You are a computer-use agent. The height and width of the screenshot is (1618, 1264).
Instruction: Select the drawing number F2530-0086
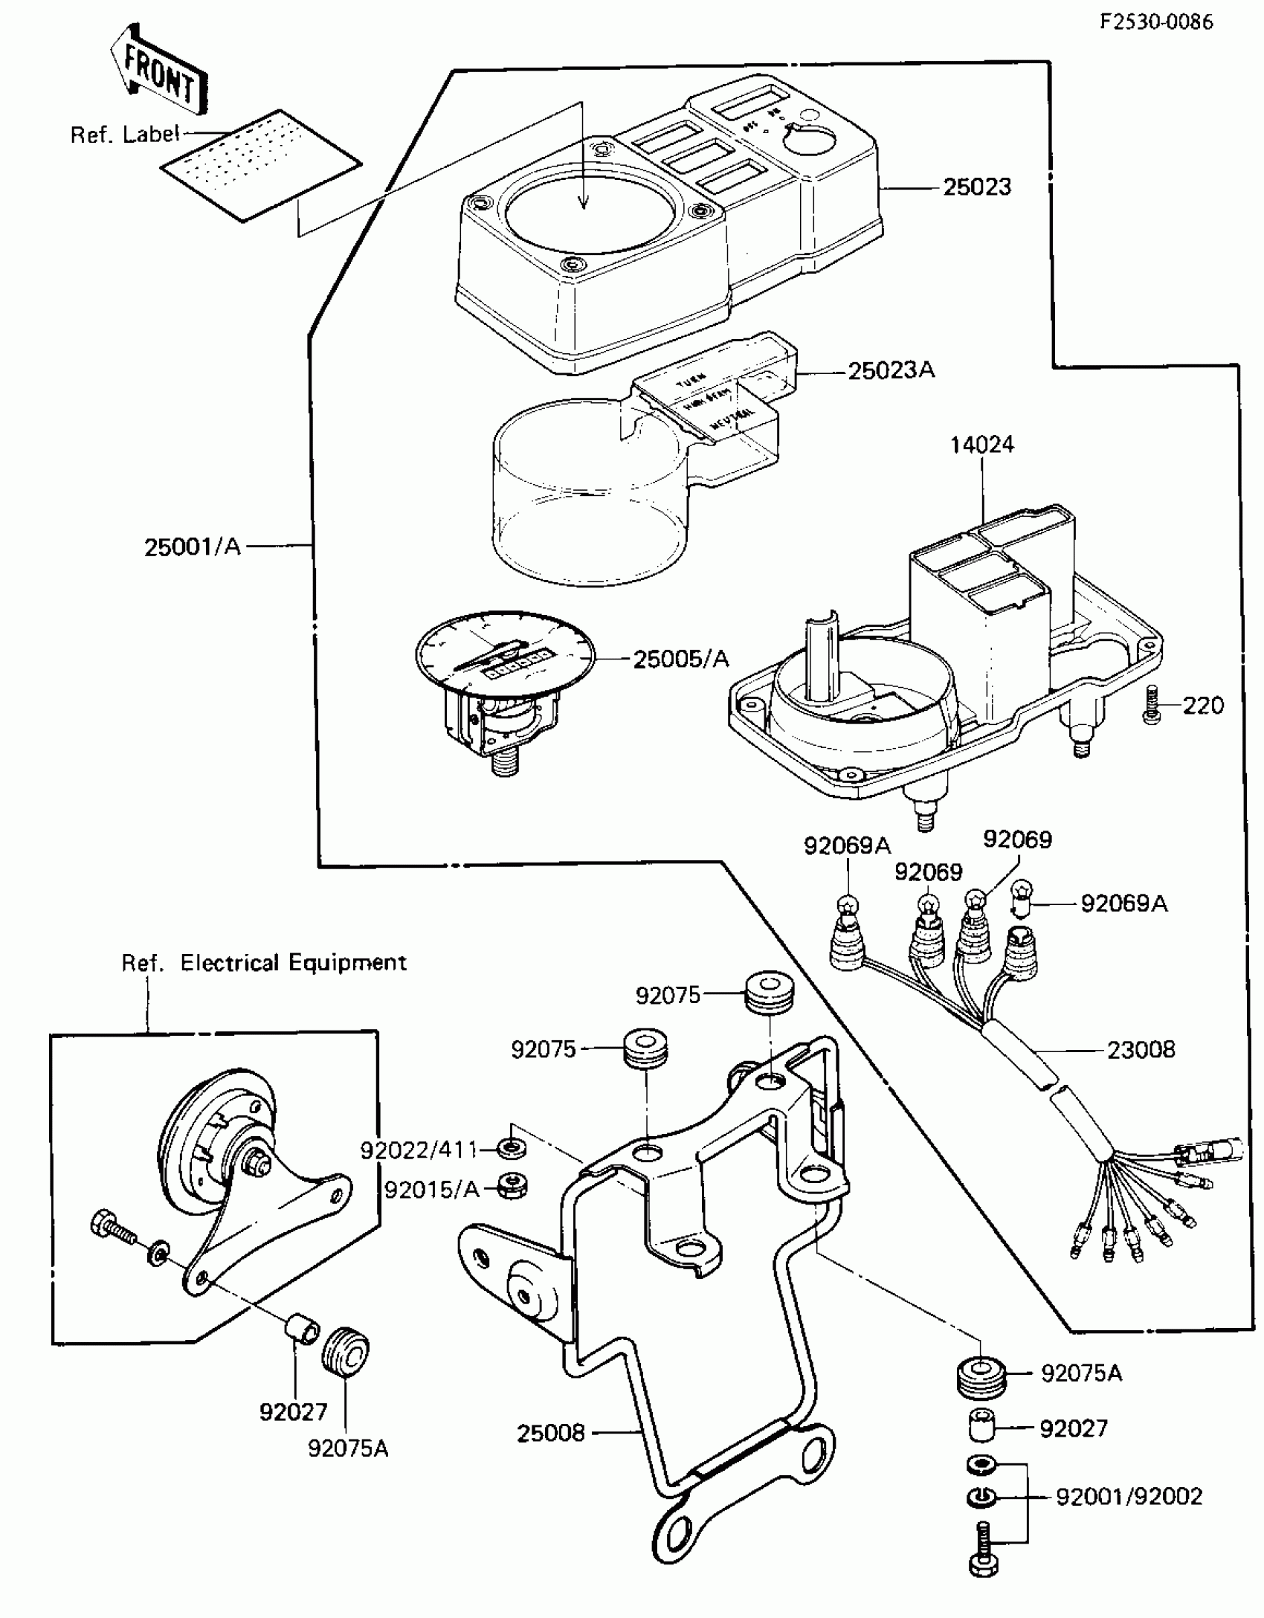1156,22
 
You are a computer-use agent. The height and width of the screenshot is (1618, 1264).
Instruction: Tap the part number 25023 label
977,187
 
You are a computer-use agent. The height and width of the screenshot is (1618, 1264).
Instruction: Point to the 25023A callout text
891,370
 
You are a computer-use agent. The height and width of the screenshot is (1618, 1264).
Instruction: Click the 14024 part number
981,445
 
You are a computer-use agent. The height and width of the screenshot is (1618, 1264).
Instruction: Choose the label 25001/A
193,547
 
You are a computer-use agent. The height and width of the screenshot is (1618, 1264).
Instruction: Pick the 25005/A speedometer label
681,659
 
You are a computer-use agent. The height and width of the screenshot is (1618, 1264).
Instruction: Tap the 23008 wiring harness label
1141,1051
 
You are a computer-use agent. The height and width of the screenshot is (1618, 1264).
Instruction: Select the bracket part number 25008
551,1433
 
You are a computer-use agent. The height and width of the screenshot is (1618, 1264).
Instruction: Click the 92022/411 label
419,1150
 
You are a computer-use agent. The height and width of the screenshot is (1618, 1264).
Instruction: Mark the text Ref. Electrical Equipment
264,963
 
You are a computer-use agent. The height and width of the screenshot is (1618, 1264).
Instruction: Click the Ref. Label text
125,135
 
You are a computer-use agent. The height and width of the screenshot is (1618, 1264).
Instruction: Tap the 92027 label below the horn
293,1412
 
